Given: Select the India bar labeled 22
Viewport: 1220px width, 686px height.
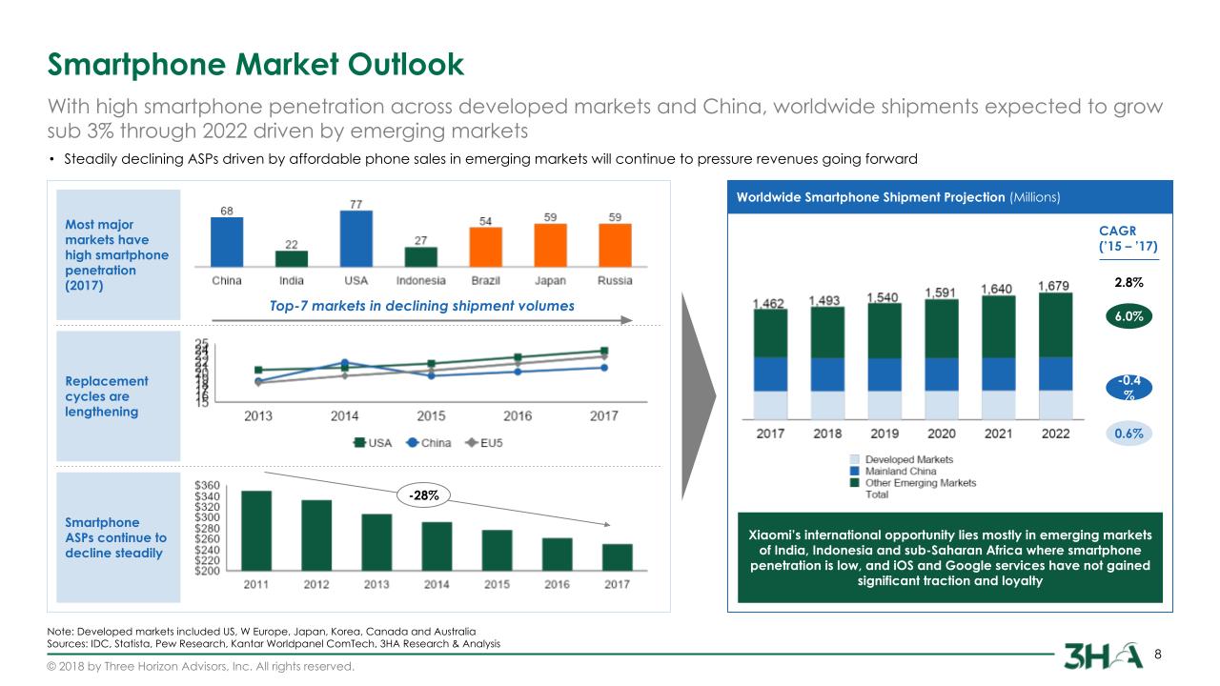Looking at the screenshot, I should pos(292,258).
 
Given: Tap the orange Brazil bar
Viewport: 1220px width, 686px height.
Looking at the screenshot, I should pos(486,247).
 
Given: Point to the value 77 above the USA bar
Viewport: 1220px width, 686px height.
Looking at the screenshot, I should pos(356,204).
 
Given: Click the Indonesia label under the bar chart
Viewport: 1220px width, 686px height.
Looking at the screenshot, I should pos(420,280).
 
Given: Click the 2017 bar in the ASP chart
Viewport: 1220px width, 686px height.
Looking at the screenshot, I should pos(617,557).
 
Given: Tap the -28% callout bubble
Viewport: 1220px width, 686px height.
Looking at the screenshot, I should pos(425,495).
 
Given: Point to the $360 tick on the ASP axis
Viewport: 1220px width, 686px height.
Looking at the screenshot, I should pos(208,486).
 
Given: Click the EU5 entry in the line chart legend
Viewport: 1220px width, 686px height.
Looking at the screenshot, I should pos(484,443).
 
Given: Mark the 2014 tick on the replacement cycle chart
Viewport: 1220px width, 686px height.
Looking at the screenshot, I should pos(345,416).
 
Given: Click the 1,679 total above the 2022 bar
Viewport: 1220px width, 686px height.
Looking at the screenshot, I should pos(1052,286).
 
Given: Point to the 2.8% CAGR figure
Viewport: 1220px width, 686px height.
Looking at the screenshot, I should pos(1128,283).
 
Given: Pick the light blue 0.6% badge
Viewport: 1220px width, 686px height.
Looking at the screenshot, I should pos(1128,433).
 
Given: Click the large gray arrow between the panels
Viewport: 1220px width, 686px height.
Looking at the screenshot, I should pos(698,395).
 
